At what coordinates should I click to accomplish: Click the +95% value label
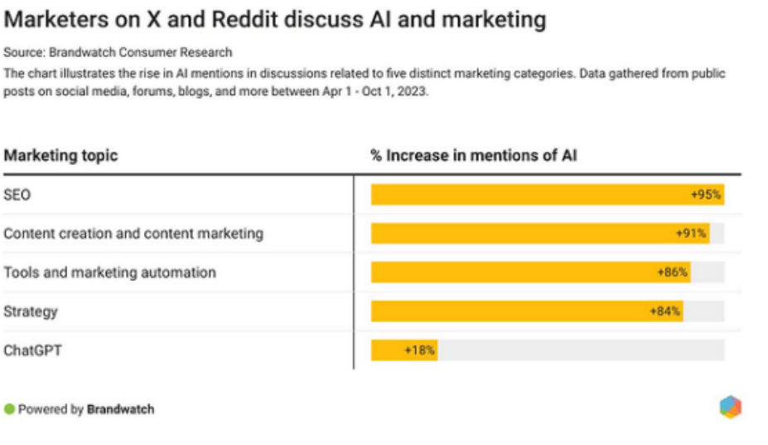pyautogui.click(x=706, y=195)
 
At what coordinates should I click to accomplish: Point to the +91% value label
pyautogui.click(x=691, y=234)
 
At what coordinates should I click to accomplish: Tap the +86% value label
pyautogui.click(x=672, y=273)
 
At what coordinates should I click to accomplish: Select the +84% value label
pyautogui.click(x=665, y=312)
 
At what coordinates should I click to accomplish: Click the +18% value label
pyautogui.click(x=419, y=351)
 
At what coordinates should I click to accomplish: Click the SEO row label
pyautogui.click(x=17, y=195)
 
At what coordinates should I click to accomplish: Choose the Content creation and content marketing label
pyautogui.click(x=133, y=234)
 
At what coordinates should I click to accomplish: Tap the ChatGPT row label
pyautogui.click(x=32, y=351)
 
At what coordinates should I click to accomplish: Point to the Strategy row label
pyautogui.click(x=31, y=312)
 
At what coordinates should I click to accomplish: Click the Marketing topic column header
pyautogui.click(x=60, y=155)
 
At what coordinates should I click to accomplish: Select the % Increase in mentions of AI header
pyautogui.click(x=473, y=155)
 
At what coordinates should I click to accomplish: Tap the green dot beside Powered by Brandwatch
pyautogui.click(x=9, y=409)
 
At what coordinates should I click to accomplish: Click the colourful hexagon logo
pyautogui.click(x=730, y=407)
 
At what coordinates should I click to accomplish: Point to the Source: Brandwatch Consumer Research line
pyautogui.click(x=118, y=53)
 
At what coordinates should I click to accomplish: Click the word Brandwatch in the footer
pyautogui.click(x=120, y=409)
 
